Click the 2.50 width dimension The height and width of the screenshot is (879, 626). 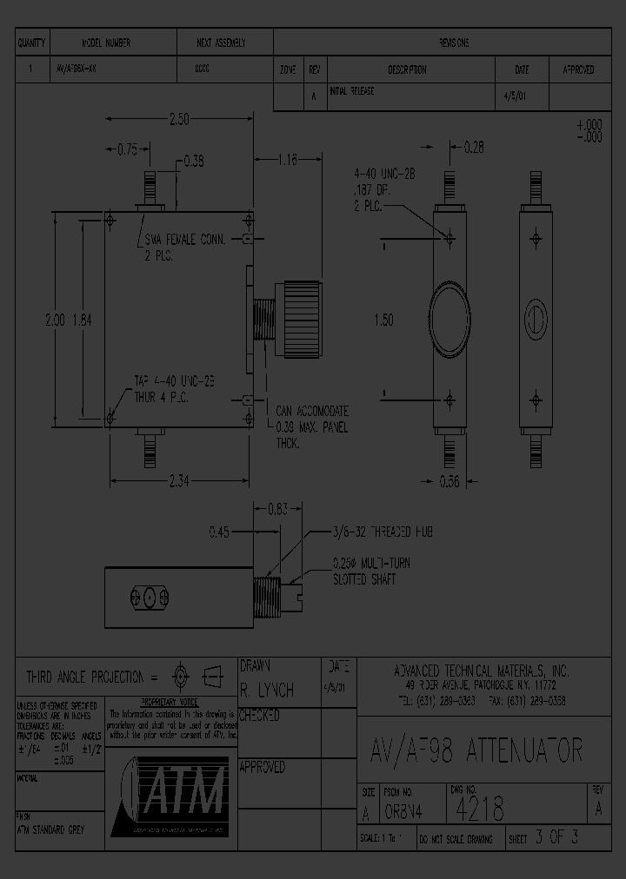tap(179, 120)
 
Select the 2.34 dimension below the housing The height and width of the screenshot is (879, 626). tap(179, 481)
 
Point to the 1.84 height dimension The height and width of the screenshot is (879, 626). tap(82, 320)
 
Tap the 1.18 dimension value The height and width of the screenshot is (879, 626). tap(288, 159)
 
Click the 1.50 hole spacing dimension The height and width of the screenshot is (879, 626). tap(383, 320)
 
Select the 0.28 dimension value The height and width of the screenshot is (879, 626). tap(474, 149)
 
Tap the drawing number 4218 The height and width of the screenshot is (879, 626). tap(480, 809)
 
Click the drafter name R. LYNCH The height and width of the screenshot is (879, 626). tap(267, 690)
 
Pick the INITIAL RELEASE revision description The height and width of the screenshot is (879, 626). tap(352, 92)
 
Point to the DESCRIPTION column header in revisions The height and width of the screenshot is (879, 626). tap(407, 69)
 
